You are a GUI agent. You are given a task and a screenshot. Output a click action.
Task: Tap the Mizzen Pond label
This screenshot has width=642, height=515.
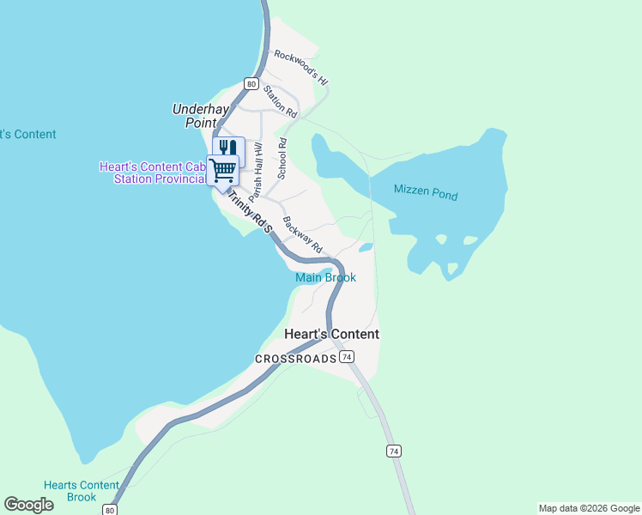[x=426, y=192]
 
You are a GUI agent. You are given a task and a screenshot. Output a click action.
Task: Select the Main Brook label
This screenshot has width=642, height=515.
[x=325, y=277]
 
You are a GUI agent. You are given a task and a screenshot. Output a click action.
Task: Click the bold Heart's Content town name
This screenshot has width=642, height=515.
[x=331, y=334]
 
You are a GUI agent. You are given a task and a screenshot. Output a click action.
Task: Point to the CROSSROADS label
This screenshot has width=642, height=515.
[x=295, y=358]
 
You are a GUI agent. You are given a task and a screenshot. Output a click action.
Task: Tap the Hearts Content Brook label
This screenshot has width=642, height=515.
[x=82, y=491]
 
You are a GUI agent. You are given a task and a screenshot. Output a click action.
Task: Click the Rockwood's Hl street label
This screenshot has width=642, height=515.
[x=301, y=67]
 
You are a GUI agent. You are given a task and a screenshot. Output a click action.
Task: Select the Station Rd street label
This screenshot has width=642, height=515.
[x=280, y=101]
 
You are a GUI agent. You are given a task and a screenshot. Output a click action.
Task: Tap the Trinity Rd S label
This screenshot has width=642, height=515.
[x=249, y=211]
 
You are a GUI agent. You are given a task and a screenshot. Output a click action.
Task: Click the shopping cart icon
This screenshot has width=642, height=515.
[x=223, y=170]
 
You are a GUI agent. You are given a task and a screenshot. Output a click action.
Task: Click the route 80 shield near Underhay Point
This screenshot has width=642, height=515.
[x=250, y=83]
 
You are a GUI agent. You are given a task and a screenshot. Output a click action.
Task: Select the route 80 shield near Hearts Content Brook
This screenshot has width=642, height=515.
[x=110, y=509]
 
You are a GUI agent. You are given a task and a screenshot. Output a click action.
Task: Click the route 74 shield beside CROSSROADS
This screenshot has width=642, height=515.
[x=347, y=356]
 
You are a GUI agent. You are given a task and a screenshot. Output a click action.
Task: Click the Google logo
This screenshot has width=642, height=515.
[x=28, y=505]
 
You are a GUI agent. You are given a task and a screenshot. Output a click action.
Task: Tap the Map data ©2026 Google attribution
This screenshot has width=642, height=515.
[x=589, y=508]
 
